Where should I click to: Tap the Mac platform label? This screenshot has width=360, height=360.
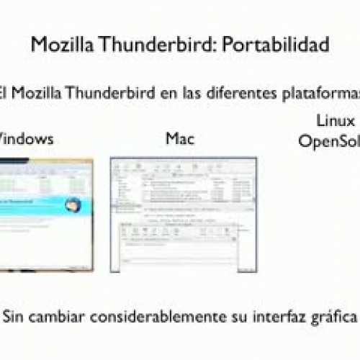tap(180, 138)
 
